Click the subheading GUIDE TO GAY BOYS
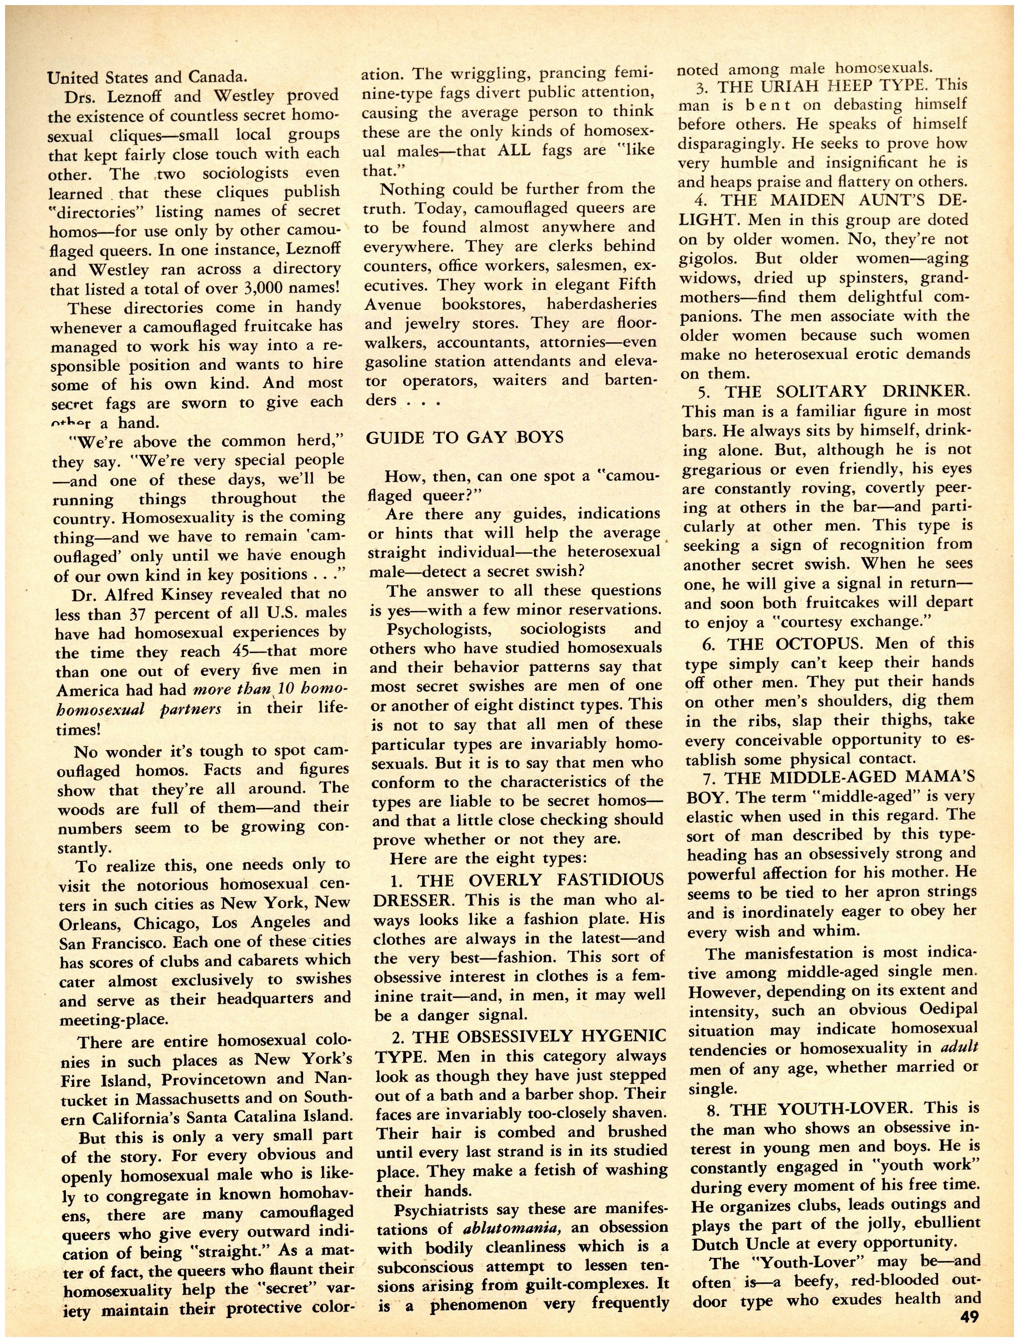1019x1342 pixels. point(465,437)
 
